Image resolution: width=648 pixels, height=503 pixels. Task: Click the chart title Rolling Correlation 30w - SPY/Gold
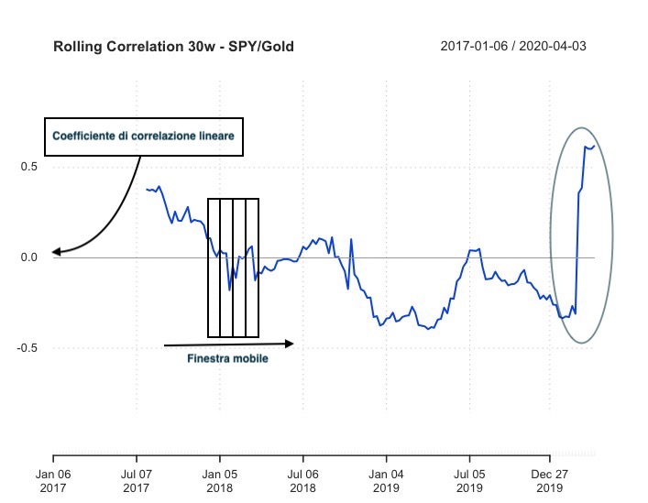pos(174,46)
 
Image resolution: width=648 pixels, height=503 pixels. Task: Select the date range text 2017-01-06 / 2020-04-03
pos(512,46)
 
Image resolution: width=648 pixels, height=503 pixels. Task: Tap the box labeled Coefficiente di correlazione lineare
pos(144,137)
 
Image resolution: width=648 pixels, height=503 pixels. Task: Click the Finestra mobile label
pos(227,359)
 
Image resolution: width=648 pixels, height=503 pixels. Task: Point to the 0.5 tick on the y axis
pos(28,166)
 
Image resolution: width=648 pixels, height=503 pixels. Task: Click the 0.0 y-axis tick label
pos(28,257)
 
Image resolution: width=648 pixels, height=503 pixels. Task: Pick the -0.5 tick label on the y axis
pos(27,347)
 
